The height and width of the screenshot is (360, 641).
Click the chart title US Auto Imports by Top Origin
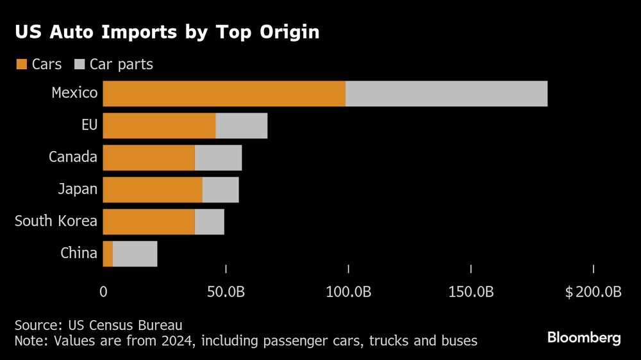[x=167, y=33]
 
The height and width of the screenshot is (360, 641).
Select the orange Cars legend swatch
[x=21, y=64]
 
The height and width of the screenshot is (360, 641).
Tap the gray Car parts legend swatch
[x=80, y=64]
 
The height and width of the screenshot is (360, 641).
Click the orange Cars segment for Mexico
[x=224, y=94]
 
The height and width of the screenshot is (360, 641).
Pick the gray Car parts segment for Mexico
[x=446, y=94]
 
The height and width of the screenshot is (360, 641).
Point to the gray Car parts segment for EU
[x=241, y=126]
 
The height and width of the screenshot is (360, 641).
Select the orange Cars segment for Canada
[x=149, y=158]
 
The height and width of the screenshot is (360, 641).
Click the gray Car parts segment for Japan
[x=220, y=190]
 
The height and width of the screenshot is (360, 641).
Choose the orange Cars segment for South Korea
[x=149, y=222]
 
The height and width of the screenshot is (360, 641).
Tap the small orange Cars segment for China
[x=108, y=254]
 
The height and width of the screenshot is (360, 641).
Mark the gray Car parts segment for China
[x=135, y=254]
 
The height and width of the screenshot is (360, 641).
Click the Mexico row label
[x=74, y=93]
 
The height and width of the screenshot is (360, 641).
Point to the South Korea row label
[x=56, y=221]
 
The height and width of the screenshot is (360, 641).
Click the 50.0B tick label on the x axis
[x=226, y=292]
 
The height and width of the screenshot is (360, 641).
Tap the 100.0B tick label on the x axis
[x=348, y=292]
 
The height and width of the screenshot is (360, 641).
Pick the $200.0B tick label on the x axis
[x=593, y=292]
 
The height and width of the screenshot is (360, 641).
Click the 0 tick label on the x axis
[x=103, y=292]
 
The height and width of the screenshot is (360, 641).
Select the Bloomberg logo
[x=583, y=338]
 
